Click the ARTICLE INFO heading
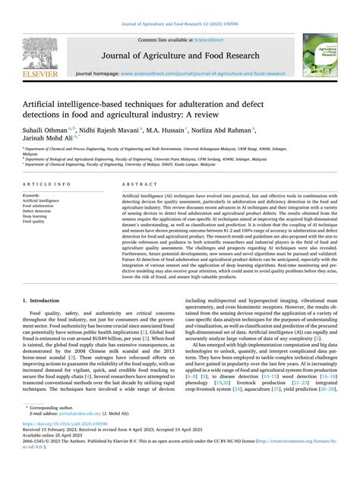pyautogui.click(x=47, y=184)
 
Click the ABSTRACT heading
pyautogui.click(x=134, y=184)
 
